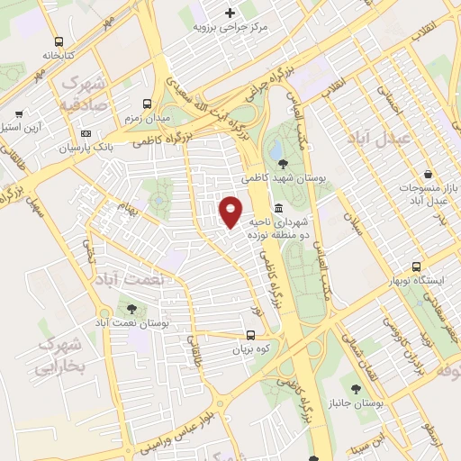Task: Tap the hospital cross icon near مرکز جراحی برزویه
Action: pyautogui.click(x=230, y=13)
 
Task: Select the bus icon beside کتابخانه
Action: pyautogui.click(x=59, y=41)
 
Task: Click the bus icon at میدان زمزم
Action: pyautogui.click(x=146, y=105)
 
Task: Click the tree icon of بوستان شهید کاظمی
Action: pyautogui.click(x=284, y=163)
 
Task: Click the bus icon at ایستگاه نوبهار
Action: pyautogui.click(x=416, y=267)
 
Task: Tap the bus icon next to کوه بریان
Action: pyautogui.click(x=250, y=333)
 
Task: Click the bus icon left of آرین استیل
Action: pyautogui.click(x=18, y=115)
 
